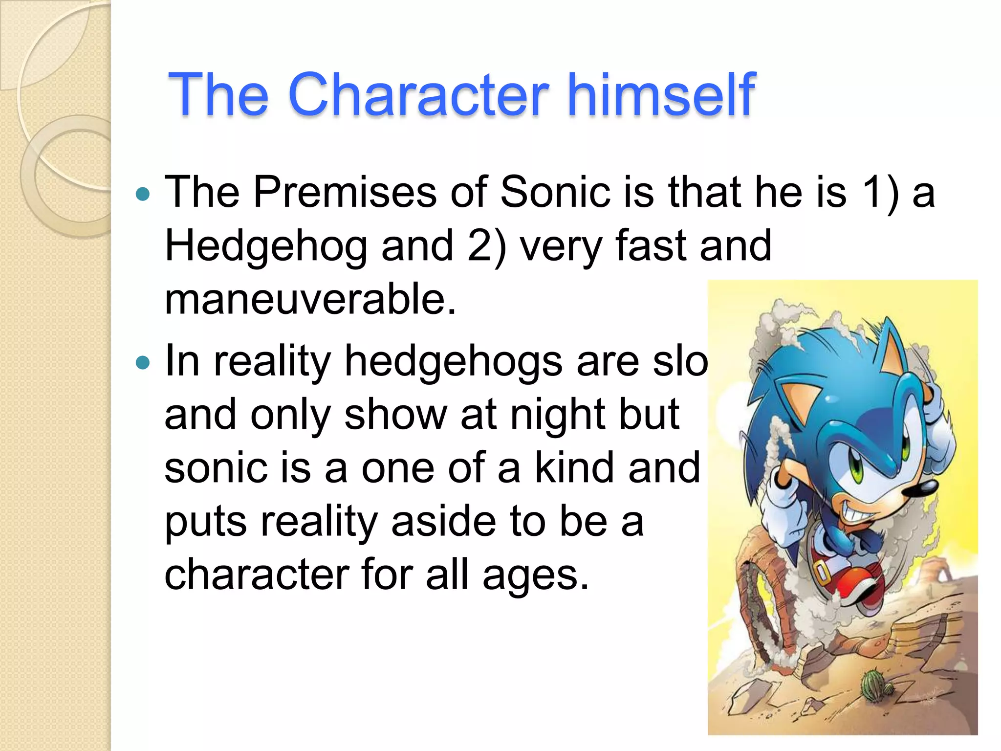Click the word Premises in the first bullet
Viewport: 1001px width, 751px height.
[x=345, y=192]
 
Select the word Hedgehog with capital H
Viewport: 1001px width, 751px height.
[x=266, y=246]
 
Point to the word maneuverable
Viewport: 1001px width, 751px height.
[x=310, y=299]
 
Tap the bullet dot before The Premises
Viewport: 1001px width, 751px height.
[x=142, y=194]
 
